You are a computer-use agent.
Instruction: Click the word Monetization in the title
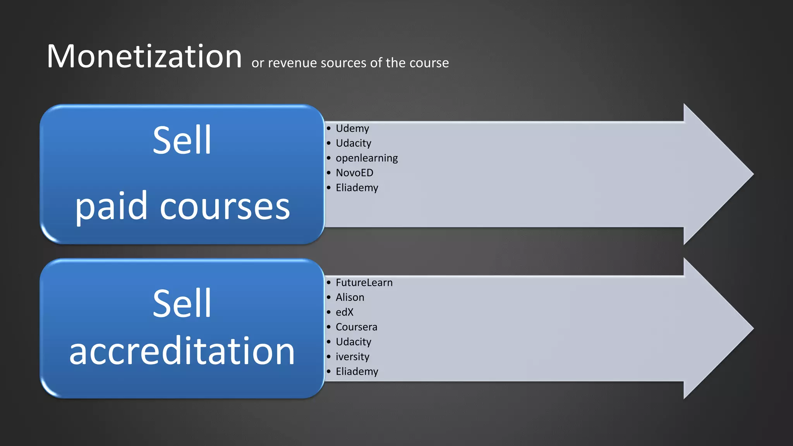tap(144, 57)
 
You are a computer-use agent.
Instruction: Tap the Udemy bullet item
tap(352, 128)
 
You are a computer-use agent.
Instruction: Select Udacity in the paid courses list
tap(353, 143)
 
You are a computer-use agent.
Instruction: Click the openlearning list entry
tap(366, 158)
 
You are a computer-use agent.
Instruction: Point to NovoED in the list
tap(354, 173)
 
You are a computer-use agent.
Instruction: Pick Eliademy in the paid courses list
tap(357, 188)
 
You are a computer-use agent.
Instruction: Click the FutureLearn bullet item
tap(364, 283)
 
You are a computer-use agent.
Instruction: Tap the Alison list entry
tap(350, 297)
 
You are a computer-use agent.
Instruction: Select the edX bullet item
tap(344, 312)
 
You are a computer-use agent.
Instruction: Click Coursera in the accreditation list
tap(356, 327)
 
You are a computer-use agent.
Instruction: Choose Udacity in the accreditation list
tap(353, 342)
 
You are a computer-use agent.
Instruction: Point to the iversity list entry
tap(352, 357)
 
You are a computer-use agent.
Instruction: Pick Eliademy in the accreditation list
tap(357, 372)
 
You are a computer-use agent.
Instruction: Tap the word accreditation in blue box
tap(182, 351)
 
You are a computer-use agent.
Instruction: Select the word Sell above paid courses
tap(182, 140)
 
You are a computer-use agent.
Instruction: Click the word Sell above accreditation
tap(182, 304)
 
